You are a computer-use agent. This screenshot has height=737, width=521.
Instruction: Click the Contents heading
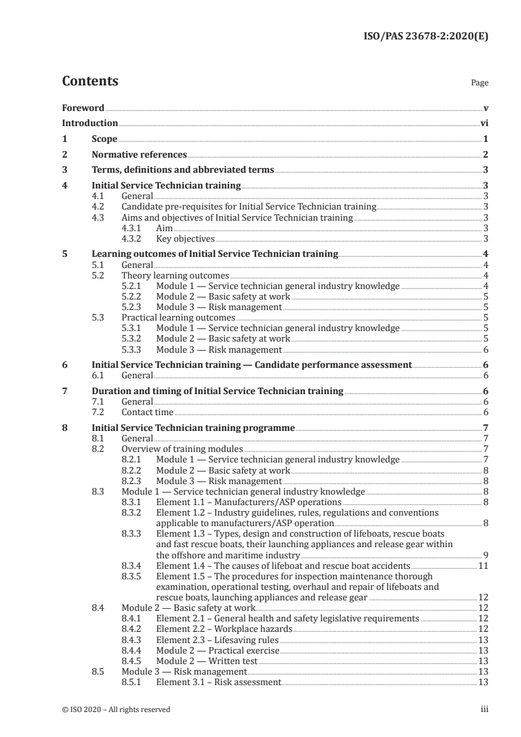[90, 82]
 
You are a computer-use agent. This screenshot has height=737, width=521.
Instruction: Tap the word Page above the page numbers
[480, 83]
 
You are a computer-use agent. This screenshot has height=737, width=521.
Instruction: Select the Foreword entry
[83, 108]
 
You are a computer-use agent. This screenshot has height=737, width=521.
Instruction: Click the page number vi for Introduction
[484, 123]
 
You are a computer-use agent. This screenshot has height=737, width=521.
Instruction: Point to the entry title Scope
[104, 139]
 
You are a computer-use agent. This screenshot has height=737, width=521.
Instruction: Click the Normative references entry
[139, 155]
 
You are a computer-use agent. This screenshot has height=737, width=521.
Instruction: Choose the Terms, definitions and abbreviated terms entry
[183, 170]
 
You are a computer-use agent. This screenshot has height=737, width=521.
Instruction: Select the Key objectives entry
[185, 238]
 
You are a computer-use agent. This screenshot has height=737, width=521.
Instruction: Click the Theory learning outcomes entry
[175, 275]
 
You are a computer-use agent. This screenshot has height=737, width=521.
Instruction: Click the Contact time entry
[147, 413]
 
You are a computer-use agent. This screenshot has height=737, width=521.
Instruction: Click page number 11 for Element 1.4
[483, 565]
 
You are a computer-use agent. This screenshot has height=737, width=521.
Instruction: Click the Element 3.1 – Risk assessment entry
[218, 682]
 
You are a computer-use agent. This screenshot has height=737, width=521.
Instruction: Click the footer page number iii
[484, 709]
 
